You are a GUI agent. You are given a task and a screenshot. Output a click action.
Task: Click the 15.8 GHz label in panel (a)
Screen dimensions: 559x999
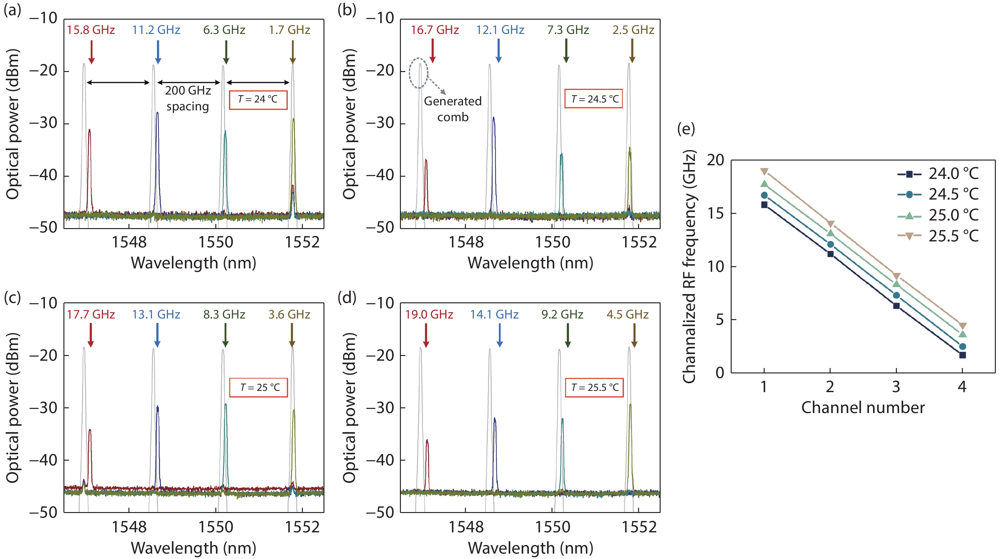91,30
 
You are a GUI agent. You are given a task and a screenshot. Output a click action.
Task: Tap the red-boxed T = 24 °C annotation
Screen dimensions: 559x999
258,100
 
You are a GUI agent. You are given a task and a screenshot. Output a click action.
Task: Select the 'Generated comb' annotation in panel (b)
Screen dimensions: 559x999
453,109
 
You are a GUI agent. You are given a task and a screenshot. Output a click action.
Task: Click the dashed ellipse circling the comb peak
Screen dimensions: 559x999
418,73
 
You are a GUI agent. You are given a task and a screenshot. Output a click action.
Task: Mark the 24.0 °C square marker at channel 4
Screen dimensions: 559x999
962,355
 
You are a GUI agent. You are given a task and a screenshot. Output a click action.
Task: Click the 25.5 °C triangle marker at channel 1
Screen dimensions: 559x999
764,171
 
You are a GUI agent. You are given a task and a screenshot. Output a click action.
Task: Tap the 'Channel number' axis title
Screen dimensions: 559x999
863,408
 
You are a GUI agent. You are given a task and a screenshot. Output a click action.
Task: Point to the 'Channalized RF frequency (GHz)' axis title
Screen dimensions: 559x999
689,266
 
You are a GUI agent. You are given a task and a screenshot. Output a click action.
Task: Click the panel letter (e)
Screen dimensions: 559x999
686,129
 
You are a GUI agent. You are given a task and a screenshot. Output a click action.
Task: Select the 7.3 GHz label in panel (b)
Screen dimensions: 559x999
568,30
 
